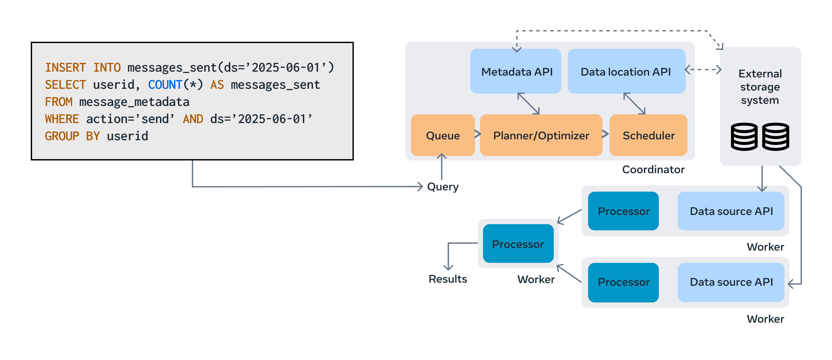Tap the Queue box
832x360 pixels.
(443, 135)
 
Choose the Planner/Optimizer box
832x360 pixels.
(541, 135)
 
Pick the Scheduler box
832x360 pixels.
(648, 135)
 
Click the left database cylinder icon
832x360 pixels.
(744, 137)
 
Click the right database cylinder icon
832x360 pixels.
(776, 137)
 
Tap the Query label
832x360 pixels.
(443, 187)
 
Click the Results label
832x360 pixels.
(448, 279)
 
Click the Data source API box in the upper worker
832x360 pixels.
(731, 211)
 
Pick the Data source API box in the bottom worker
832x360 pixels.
(731, 282)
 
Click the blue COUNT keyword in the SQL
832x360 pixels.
(165, 85)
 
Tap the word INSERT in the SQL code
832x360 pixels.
(65, 67)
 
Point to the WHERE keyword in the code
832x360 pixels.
(62, 119)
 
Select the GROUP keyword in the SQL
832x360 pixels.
(62, 136)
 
